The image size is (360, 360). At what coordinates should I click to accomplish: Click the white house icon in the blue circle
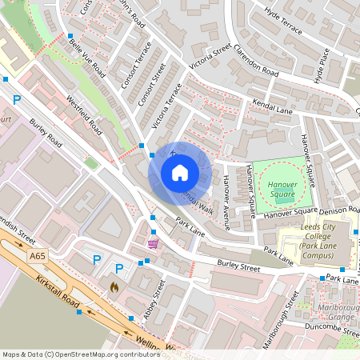(180, 173)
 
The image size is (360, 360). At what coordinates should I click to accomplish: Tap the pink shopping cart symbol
(153, 242)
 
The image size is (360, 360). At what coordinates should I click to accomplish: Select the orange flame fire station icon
(114, 286)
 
